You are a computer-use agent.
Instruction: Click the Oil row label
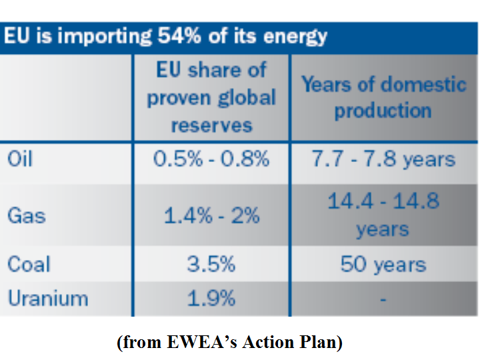pyautogui.click(x=19, y=160)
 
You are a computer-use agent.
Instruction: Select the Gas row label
pyautogui.click(x=26, y=215)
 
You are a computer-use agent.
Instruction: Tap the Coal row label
pyautogui.click(x=29, y=265)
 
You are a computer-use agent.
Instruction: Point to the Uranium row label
pyautogui.click(x=47, y=298)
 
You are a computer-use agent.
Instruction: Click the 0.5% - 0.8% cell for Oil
pyautogui.click(x=211, y=160)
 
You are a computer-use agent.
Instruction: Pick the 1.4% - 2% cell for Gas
pyautogui.click(x=211, y=215)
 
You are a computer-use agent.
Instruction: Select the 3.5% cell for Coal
pyautogui.click(x=211, y=265)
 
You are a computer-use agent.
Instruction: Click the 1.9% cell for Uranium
pyautogui.click(x=211, y=298)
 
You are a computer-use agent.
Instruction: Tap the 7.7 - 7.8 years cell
pyautogui.click(x=383, y=160)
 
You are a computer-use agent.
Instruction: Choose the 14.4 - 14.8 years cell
pyautogui.click(x=383, y=215)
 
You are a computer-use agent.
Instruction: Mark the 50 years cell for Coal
pyautogui.click(x=383, y=265)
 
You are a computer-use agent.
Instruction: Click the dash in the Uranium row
pyautogui.click(x=383, y=299)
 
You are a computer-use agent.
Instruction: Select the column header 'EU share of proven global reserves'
pyautogui.click(x=211, y=97)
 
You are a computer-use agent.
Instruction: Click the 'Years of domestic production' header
pyautogui.click(x=383, y=97)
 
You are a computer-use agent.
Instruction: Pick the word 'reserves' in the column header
pyautogui.click(x=211, y=125)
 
